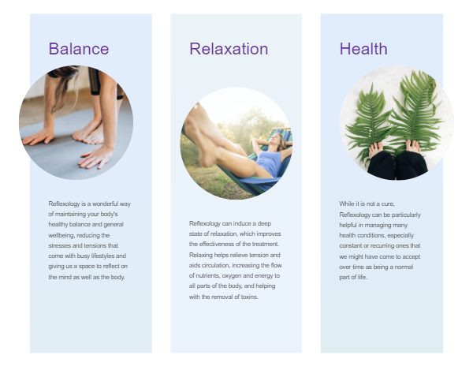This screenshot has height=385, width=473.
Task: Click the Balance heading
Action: point(79,49)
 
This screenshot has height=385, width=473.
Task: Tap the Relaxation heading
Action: point(229,49)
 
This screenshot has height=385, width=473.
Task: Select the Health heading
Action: point(363,49)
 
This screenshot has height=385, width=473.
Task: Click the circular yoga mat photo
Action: point(76,122)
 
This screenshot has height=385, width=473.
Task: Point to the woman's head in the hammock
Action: point(277,140)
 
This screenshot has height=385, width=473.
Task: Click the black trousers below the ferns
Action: point(397,166)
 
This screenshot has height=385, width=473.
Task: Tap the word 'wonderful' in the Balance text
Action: point(105,204)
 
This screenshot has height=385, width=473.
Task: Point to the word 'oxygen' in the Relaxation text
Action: point(231,275)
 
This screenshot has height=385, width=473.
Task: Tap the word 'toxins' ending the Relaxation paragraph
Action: point(250,297)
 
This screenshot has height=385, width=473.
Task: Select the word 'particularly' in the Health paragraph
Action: point(406,215)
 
